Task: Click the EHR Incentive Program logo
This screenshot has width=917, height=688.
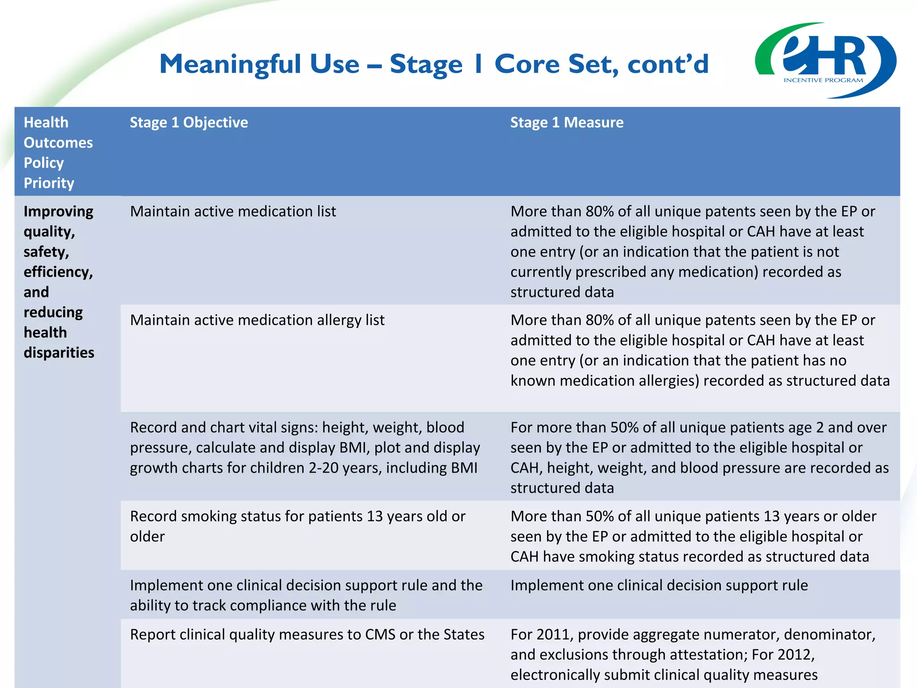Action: tap(825, 60)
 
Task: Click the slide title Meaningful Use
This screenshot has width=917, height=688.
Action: tap(433, 64)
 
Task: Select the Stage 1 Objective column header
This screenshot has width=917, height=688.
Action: tap(189, 122)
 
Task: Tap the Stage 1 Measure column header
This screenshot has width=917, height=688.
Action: tap(566, 122)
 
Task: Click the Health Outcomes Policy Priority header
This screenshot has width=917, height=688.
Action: tap(58, 152)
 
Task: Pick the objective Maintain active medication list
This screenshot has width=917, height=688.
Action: tap(233, 211)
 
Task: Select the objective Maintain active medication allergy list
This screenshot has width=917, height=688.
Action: tap(257, 320)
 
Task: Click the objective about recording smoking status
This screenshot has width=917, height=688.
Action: tap(297, 526)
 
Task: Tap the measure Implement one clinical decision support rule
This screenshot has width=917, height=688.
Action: tap(659, 585)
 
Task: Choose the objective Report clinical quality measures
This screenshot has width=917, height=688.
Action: tap(307, 635)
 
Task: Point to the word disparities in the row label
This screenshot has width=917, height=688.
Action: tap(59, 353)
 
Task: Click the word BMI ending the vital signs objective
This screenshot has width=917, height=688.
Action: tap(464, 468)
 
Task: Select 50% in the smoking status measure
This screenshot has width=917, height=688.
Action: tap(600, 516)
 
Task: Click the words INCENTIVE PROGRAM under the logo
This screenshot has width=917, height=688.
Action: tap(823, 81)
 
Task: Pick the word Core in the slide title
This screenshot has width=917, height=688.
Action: tap(527, 64)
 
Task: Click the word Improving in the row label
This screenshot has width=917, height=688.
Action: tap(58, 211)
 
